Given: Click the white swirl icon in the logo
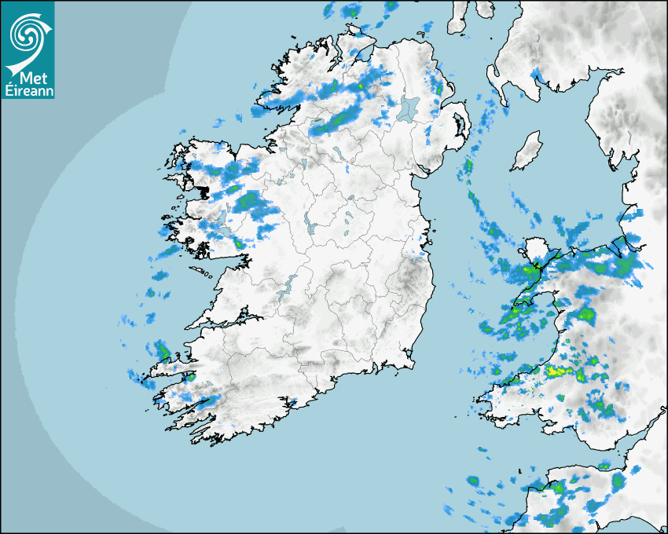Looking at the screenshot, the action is [27, 34].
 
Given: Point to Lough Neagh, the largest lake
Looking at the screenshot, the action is [407, 108].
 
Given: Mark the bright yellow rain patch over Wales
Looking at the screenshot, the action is [559, 370].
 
